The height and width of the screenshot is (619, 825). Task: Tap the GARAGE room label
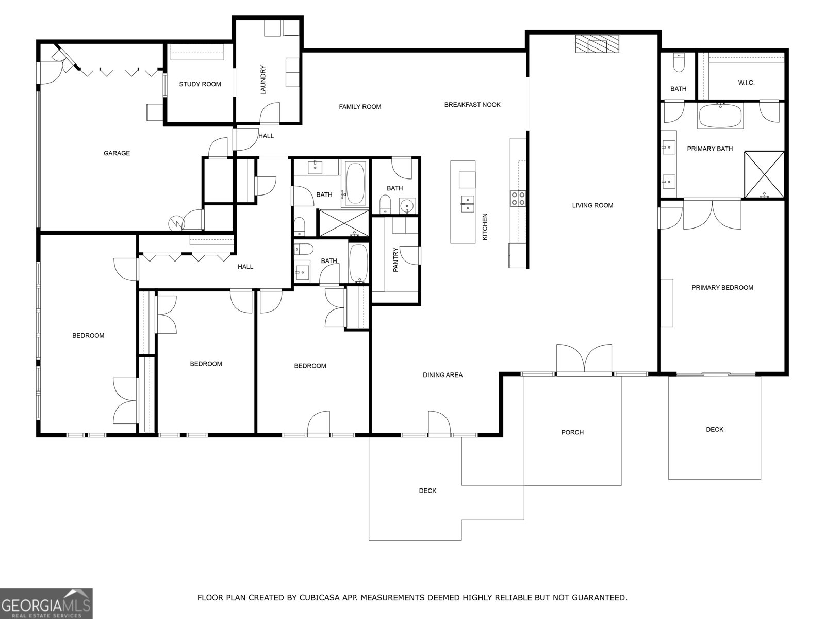[117, 153]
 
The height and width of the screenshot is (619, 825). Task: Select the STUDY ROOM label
[200, 84]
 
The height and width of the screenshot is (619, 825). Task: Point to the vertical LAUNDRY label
[262, 79]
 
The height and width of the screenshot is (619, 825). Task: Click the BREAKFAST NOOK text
[472, 105]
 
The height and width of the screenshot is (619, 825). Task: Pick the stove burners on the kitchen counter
[518, 199]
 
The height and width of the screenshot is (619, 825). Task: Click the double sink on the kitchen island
[468, 203]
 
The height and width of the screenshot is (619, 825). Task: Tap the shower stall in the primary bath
[764, 174]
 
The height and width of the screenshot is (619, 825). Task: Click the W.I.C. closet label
[746, 83]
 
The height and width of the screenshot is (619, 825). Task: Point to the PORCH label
[572, 432]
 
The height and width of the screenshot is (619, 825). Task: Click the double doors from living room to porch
[584, 359]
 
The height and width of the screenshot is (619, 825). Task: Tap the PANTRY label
[396, 260]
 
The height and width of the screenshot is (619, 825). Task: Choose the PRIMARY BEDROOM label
[722, 288]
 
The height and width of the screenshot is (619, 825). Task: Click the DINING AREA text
[442, 375]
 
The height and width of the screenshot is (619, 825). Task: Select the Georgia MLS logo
[46, 603]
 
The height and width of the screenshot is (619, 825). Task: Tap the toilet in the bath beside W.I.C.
[679, 63]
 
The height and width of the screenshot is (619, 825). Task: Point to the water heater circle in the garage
[176, 223]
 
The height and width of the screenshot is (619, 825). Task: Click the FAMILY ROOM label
[360, 107]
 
